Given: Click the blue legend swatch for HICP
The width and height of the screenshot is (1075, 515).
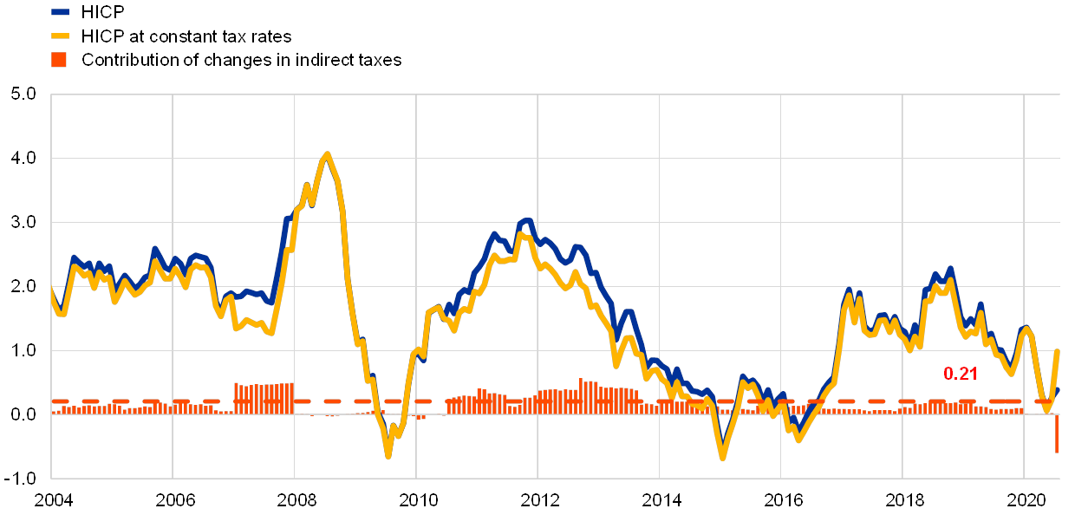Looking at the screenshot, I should point(60,12).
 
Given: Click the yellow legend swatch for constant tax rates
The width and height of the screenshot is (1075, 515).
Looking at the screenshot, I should point(60,36).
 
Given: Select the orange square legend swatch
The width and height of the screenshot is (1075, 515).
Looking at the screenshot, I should point(60,60).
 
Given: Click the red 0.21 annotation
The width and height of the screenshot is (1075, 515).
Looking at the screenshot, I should point(961,374).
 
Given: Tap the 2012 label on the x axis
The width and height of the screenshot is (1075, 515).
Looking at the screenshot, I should point(538,500).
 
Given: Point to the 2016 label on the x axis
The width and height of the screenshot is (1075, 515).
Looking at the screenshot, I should point(781,500).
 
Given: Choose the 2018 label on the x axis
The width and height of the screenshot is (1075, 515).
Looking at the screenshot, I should point(903,500).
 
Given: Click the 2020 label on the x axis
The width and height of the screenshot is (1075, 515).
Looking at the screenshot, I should point(1025,500).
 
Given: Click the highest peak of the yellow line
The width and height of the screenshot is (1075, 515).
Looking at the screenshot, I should point(327,154).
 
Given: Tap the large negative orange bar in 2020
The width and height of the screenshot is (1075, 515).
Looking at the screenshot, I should point(1057,434).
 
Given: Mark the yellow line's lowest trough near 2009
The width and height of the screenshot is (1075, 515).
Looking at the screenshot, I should point(388,455).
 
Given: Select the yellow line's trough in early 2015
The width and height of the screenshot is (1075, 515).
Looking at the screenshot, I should point(721,457).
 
